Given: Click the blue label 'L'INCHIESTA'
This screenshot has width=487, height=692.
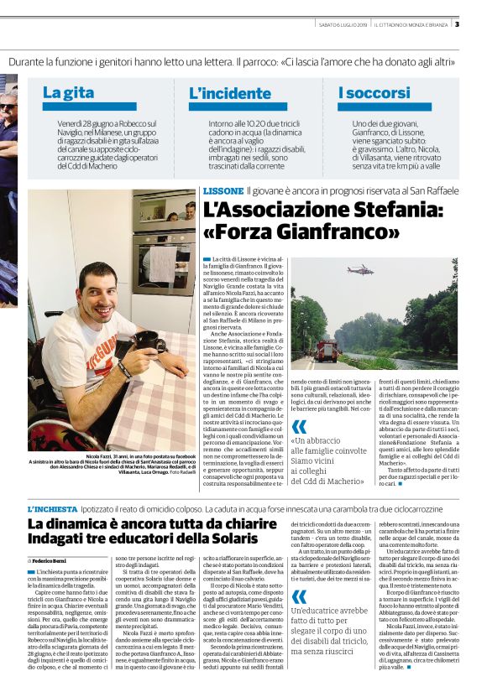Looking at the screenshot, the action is pyautogui.click(x=50, y=485).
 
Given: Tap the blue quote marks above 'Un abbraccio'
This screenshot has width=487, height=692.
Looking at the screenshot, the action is pyautogui.click(x=300, y=426).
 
